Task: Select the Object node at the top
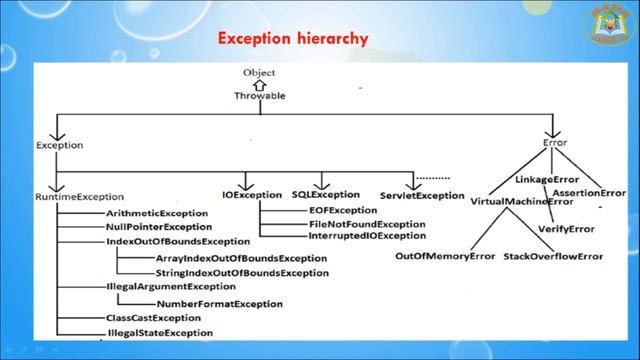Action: click(258, 73)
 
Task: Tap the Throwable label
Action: click(258, 97)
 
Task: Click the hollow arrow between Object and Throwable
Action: click(258, 85)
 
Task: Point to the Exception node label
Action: click(59, 146)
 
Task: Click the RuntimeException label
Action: click(79, 197)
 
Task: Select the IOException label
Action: click(252, 194)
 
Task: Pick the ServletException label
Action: click(422, 195)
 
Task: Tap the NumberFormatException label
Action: click(219, 303)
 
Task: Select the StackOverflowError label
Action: click(553, 257)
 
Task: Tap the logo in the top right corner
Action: click(607, 22)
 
